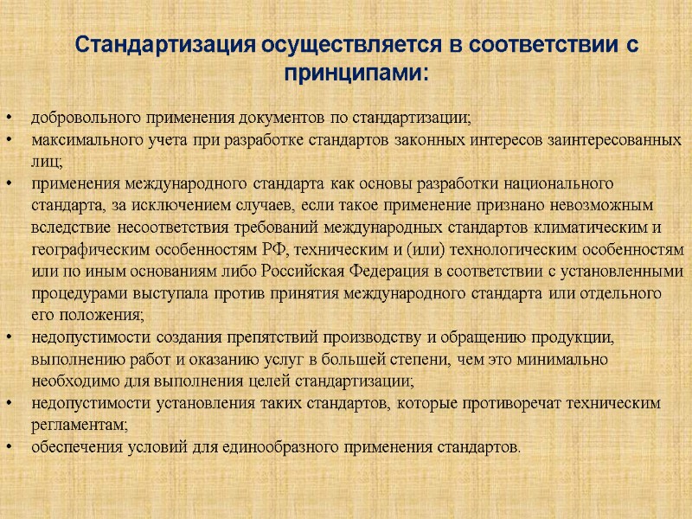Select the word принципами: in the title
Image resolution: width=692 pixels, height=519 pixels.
pyautogui.click(x=356, y=73)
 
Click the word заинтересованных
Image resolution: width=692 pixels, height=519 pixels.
pyautogui.click(x=620, y=139)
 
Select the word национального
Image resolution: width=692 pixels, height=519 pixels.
pyautogui.click(x=549, y=183)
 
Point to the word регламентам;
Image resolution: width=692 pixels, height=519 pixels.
pyautogui.click(x=79, y=426)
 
